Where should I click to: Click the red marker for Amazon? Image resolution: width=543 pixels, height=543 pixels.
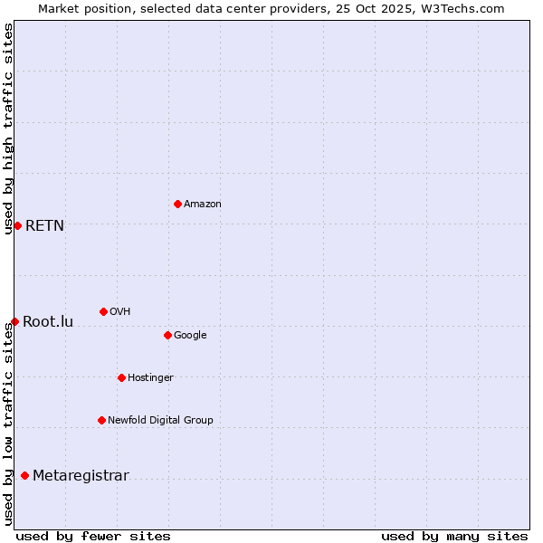(x=177, y=204)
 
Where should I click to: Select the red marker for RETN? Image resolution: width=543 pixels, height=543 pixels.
(x=17, y=225)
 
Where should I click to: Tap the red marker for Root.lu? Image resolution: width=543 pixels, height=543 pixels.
(x=14, y=321)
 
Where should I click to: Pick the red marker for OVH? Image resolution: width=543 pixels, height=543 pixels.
(x=103, y=311)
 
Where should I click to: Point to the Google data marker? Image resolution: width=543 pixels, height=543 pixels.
(x=167, y=335)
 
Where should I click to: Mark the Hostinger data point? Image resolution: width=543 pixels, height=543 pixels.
(x=121, y=377)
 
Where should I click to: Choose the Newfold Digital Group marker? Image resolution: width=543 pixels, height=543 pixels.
(x=101, y=420)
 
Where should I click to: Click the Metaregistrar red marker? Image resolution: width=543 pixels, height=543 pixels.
(x=24, y=476)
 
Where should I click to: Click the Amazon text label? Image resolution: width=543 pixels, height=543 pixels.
(x=203, y=205)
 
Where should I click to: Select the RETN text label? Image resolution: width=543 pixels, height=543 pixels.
(x=45, y=226)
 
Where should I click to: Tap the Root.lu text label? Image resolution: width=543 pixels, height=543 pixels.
(x=48, y=322)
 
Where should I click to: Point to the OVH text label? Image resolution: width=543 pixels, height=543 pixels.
(x=120, y=312)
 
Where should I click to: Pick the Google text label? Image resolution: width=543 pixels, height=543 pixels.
(x=190, y=336)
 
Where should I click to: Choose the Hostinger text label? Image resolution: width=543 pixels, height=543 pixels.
(x=150, y=378)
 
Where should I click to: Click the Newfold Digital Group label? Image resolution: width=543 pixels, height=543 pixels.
(x=160, y=421)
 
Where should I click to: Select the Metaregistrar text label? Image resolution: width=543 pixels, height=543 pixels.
(x=81, y=477)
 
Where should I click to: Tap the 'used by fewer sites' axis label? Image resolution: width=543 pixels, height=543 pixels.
(x=93, y=536)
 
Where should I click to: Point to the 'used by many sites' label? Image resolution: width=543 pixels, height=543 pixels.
(x=454, y=536)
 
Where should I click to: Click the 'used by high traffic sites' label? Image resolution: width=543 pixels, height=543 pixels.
(x=8, y=129)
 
